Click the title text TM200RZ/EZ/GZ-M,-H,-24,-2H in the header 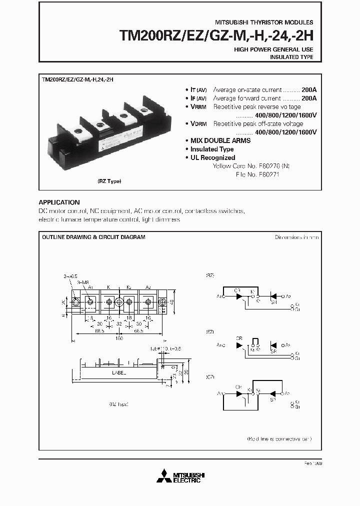click(x=215, y=35)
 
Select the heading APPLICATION click(x=59, y=202)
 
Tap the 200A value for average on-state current click(x=309, y=89)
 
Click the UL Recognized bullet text click(x=212, y=157)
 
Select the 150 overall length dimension click(x=119, y=338)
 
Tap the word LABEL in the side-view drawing click(x=119, y=372)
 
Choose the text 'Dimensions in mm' click(x=296, y=237)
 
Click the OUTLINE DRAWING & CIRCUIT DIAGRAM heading click(x=93, y=237)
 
